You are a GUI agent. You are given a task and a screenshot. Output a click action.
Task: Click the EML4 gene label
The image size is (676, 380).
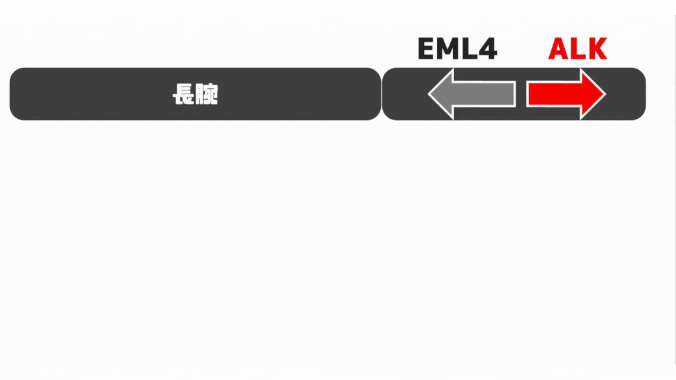pyautogui.click(x=457, y=48)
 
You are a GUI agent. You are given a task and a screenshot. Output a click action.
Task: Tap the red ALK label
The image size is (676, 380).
pyautogui.click(x=578, y=48)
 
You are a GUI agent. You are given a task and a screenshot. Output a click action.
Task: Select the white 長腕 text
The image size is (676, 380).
pyautogui.click(x=195, y=94)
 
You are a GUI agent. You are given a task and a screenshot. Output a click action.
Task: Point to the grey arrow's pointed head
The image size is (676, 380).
pyautogui.click(x=440, y=94)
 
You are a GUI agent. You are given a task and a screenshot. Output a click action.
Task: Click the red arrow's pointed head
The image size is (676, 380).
pyautogui.click(x=593, y=94)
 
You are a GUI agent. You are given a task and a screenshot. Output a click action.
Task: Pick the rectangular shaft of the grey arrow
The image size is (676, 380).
pyautogui.click(x=485, y=94)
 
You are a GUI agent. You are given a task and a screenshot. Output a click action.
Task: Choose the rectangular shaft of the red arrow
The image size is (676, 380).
pyautogui.click(x=554, y=94)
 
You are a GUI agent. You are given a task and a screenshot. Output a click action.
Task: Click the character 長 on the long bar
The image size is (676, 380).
pyautogui.click(x=184, y=94)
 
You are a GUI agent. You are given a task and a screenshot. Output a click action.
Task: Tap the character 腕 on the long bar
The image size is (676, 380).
pyautogui.click(x=207, y=94)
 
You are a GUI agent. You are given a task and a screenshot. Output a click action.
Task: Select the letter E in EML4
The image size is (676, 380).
pyautogui.click(x=426, y=48)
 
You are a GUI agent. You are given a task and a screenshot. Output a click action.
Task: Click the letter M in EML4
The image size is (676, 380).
pyautogui.click(x=448, y=48)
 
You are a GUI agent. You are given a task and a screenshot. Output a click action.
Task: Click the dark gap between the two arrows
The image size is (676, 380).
pyautogui.click(x=522, y=94)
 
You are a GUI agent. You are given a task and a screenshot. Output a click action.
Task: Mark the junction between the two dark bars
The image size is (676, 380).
pyautogui.click(x=382, y=94)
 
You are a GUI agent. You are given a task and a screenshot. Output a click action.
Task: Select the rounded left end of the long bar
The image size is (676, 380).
pyautogui.click(x=17, y=94)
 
